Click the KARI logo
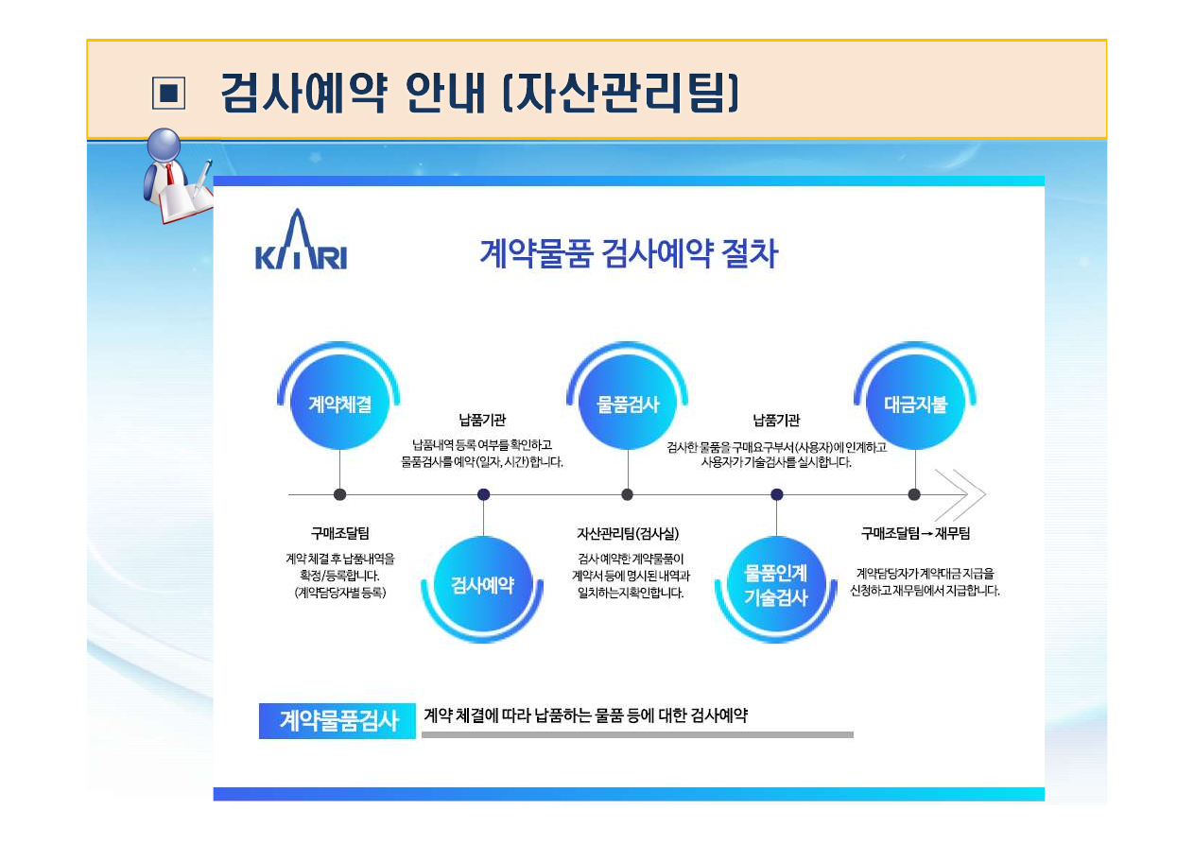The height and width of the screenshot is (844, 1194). tap(302, 239)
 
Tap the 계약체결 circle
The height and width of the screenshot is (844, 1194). tap(339, 402)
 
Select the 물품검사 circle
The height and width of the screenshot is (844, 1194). tap(628, 402)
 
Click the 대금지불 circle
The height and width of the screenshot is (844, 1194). tap(915, 402)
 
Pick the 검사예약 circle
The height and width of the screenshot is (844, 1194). tap(483, 585)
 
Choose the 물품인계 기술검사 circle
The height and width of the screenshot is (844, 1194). tap(776, 585)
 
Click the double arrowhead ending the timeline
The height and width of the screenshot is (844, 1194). tap(960, 495)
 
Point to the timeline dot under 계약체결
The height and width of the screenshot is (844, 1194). tap(339, 494)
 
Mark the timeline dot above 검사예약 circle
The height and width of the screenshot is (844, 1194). tap(483, 494)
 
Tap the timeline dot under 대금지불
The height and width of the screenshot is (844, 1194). tap(914, 494)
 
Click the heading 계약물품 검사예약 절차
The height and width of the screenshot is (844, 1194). tap(629, 253)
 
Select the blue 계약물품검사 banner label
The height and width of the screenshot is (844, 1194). tap(337, 721)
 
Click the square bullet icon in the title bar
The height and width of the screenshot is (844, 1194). tap(169, 93)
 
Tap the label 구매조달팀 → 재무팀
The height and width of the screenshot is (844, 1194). tap(915, 533)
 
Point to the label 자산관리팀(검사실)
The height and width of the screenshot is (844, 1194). tap(628, 533)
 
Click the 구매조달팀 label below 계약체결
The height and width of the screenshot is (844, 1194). tap(340, 533)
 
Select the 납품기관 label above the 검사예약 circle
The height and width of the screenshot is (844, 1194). tap(482, 420)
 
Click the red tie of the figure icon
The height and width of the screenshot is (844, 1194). tap(169, 174)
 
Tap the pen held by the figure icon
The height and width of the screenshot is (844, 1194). tap(202, 178)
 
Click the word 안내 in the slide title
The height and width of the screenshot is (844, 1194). tap(445, 93)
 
